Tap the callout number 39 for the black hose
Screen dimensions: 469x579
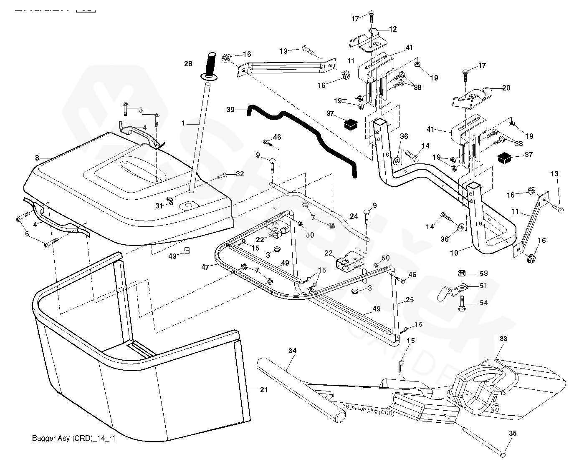230,109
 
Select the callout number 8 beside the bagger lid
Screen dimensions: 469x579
37,158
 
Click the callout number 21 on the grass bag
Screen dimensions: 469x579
263,390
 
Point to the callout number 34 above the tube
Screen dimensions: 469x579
292,351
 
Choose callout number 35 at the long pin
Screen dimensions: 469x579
513,434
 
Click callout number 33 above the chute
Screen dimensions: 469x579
503,339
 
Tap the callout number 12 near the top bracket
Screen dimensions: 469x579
393,29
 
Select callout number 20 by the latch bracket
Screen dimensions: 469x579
506,88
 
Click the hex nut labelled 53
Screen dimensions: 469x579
461,273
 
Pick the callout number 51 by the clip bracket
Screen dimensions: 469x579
483,286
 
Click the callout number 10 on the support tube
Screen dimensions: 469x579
454,253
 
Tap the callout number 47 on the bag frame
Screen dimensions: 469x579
205,267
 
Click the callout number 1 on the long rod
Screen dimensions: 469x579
183,123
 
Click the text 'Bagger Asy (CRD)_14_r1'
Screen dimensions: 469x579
73,438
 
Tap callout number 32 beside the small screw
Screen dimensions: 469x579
240,173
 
